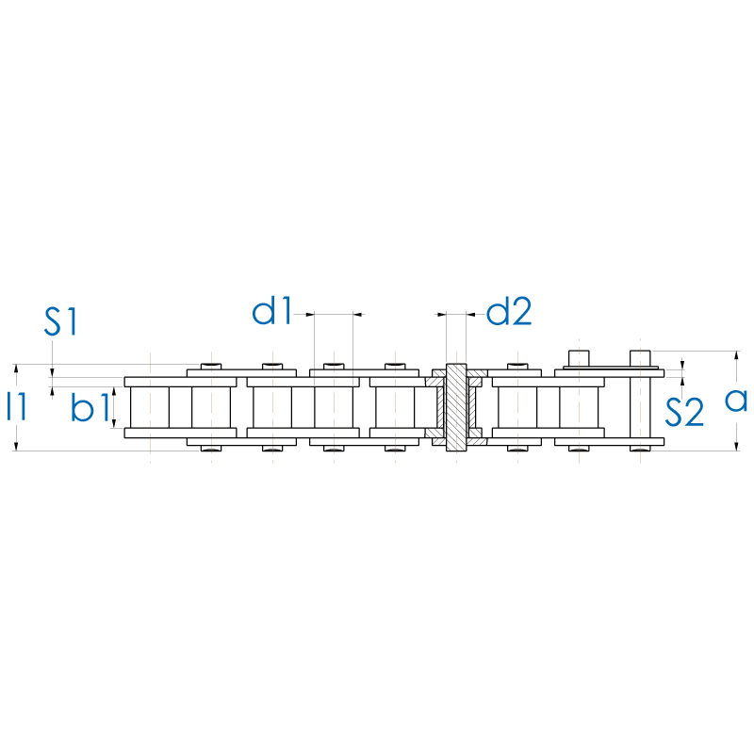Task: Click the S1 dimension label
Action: click(61, 321)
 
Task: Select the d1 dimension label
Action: click(272, 311)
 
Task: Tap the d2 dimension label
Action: click(509, 311)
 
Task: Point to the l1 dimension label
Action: click(16, 406)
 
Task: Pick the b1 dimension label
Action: click(90, 408)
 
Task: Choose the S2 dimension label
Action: click(685, 412)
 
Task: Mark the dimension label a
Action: click(736, 400)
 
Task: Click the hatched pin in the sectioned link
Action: click(456, 405)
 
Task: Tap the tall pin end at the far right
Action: click(641, 359)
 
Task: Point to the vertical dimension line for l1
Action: click(16, 377)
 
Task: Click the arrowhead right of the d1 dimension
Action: click(358, 313)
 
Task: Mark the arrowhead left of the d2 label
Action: click(439, 313)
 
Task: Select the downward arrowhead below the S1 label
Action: click(53, 371)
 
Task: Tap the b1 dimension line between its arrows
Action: click(115, 406)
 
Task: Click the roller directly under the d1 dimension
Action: click(335, 406)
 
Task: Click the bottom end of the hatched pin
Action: click(456, 447)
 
